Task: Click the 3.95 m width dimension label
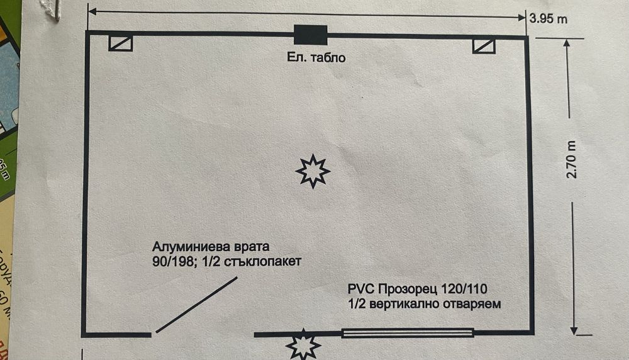point(548,19)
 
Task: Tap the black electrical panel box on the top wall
point(311,34)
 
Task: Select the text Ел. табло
point(313,58)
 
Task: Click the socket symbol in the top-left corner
point(120,43)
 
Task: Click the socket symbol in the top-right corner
point(484,46)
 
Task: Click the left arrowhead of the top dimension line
point(92,11)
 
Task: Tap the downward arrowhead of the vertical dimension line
point(573,329)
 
